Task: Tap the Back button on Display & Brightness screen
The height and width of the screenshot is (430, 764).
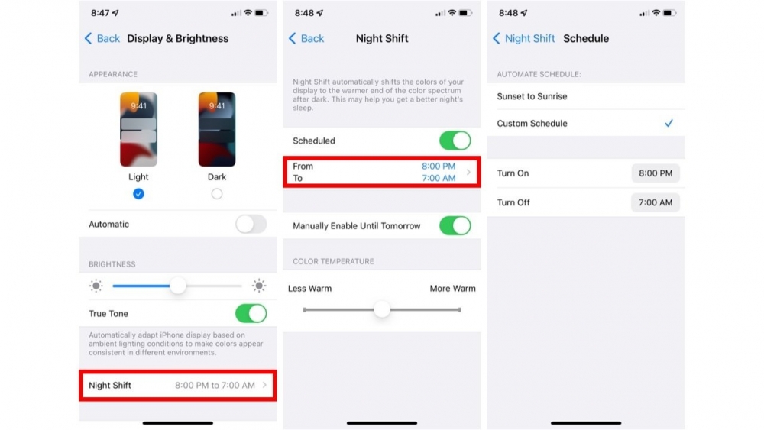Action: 102,38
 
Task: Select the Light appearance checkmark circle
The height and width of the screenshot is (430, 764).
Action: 138,194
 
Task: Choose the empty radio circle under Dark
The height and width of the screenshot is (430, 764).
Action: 217,194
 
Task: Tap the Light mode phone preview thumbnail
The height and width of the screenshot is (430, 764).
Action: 138,129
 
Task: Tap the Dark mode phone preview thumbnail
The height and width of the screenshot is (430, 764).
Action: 217,129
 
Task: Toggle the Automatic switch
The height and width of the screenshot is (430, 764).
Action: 251,224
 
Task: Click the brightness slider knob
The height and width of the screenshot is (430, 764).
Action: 178,286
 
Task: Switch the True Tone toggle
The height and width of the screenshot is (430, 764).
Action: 251,314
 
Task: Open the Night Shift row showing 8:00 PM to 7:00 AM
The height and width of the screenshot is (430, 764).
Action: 177,386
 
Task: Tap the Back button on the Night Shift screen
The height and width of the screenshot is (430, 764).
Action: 306,38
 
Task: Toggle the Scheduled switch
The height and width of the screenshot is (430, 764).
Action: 455,141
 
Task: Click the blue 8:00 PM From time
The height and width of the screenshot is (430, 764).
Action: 438,166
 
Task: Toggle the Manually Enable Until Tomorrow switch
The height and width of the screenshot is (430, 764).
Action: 455,226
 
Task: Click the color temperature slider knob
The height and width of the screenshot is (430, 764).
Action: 382,309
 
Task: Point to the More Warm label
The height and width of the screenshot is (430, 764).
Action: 452,289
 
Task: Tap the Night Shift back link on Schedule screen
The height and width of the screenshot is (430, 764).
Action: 523,38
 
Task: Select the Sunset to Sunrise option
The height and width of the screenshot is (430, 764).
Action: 533,96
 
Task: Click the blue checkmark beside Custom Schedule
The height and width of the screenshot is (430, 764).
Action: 668,123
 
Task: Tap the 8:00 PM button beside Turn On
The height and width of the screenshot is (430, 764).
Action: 655,173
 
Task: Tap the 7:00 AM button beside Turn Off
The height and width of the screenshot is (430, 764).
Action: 655,202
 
